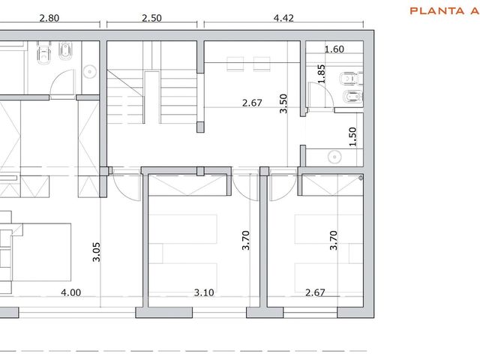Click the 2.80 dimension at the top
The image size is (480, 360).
click(x=49, y=18)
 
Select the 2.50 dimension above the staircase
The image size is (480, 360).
click(x=151, y=18)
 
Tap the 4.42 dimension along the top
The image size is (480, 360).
click(x=283, y=18)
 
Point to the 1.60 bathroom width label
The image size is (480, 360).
click(x=334, y=49)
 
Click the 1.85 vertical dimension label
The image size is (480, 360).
click(x=321, y=73)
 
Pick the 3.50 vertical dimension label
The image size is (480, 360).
click(x=283, y=103)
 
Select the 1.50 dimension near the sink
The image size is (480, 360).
click(x=352, y=136)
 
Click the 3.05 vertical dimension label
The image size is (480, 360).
click(x=97, y=252)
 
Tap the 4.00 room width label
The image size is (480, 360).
click(x=71, y=292)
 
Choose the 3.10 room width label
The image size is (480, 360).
click(x=204, y=292)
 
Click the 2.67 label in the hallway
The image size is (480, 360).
click(x=252, y=103)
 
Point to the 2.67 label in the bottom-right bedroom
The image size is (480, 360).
click(x=315, y=292)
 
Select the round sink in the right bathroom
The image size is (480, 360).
click(x=334, y=157)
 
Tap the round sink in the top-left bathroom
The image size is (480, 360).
click(x=90, y=72)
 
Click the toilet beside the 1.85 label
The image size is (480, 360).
click(x=352, y=78)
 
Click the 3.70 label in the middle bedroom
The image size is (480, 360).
click(x=246, y=240)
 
